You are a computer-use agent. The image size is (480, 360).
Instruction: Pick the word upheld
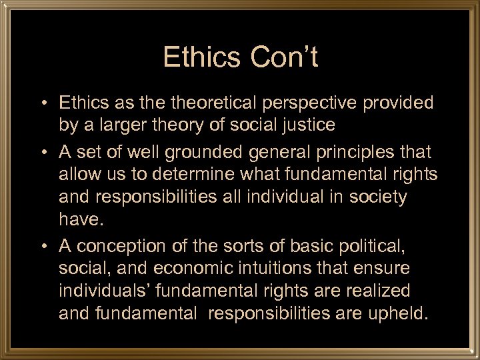point(397,313)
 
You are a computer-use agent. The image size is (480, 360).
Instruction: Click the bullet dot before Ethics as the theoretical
point(43,104)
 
